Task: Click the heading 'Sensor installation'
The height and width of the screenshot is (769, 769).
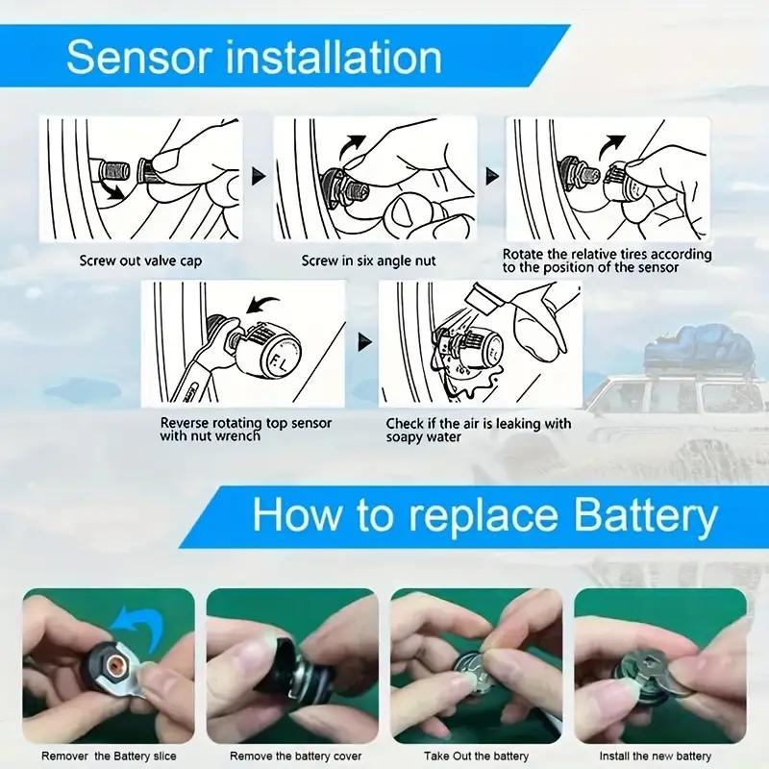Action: point(254,57)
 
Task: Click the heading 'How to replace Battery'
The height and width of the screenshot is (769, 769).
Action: point(484,516)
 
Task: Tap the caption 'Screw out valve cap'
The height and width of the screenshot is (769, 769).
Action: point(140,260)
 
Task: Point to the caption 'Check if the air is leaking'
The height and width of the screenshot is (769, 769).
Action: point(478,430)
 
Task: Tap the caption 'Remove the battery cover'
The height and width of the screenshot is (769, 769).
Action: point(290,756)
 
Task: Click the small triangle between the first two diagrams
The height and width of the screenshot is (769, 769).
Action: point(257,176)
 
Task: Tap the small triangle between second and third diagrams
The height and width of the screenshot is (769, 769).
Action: point(492,176)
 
